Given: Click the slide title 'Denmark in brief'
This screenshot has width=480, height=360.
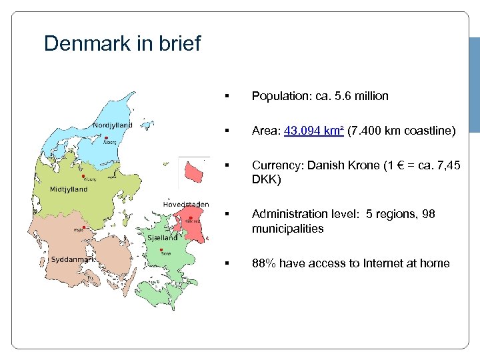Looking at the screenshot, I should tap(122, 44).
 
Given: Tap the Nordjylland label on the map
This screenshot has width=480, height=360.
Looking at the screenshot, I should tap(112, 125).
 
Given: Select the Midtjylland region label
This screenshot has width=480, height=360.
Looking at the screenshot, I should tap(69, 189).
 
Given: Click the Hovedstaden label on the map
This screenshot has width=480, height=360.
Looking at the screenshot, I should tap(186, 204).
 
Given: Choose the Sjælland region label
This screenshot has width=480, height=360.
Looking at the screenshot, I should tap(162, 237).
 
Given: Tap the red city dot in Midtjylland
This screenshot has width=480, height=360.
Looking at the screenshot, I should tap(83, 177).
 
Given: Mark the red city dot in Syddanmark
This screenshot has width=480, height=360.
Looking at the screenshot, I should tap(83, 227).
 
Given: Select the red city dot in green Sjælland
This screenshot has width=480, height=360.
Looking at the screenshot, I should tap(162, 250).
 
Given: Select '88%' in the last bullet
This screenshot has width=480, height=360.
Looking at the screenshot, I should tap(263, 263).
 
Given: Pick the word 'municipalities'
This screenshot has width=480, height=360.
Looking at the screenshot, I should tap(287, 229).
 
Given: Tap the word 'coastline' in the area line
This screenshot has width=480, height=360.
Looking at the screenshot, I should tap(429, 131).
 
